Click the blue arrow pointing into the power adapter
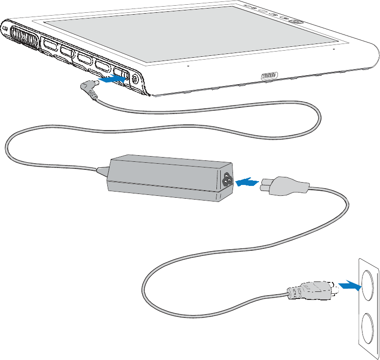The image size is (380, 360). pyautogui.click(x=246, y=182)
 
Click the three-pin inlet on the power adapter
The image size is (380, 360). pyautogui.click(x=226, y=179)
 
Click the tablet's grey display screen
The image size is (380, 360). pyautogui.click(x=189, y=33)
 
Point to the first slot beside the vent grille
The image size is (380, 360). pyautogui.click(x=50, y=45)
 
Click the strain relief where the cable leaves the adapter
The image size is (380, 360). pyautogui.click(x=102, y=169)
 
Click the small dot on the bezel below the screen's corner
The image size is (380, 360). pyautogui.click(x=334, y=48)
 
